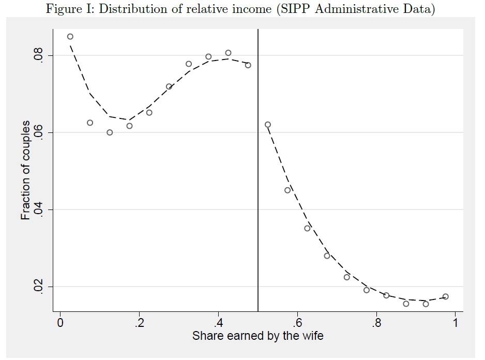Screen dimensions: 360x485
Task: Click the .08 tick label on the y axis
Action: pyautogui.click(x=38, y=56)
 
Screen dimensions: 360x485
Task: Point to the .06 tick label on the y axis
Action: pyautogui.click(x=38, y=133)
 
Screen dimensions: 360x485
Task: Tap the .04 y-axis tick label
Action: pyautogui.click(x=38, y=209)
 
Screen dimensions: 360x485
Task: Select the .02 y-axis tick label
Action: pyautogui.click(x=38, y=287)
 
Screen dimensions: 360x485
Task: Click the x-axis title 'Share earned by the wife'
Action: pyautogui.click(x=257, y=336)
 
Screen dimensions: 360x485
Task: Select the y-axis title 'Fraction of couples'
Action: pyautogui.click(x=25, y=171)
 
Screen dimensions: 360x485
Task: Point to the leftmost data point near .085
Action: pyautogui.click(x=70, y=37)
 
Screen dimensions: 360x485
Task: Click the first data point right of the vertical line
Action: pyautogui.click(x=268, y=125)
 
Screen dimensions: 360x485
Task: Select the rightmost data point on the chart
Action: pyautogui.click(x=446, y=296)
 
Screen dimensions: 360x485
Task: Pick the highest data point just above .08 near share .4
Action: pyautogui.click(x=228, y=53)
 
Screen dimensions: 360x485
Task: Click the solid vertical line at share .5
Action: pyautogui.click(x=258, y=207)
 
